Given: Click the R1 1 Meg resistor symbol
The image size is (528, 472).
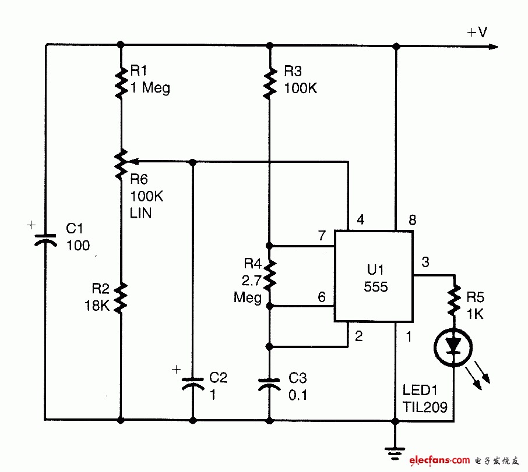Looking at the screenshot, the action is pos(121,82).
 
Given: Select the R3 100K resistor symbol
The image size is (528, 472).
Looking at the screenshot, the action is pos(269,82).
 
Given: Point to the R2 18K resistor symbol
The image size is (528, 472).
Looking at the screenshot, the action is pos(121,297).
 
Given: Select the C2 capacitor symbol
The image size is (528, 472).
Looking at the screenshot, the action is pos(192,384).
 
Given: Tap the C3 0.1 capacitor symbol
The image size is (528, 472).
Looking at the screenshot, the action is pos(269,384).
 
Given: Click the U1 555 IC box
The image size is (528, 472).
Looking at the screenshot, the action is pos(373,275).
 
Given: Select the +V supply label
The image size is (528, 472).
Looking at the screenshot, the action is pos(477,33).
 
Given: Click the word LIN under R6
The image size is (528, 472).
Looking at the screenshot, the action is pos(141,213).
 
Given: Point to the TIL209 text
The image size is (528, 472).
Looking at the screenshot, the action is pos(424,407).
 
